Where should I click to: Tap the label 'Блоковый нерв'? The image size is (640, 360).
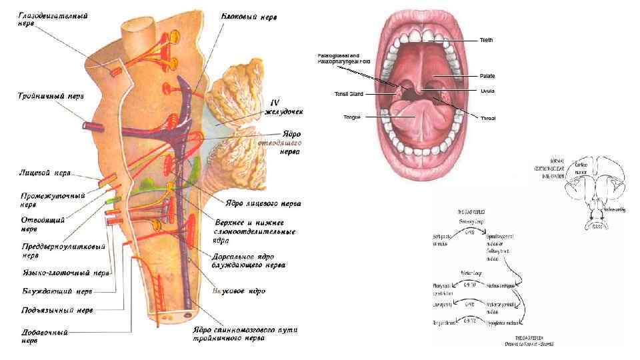coord(250,15)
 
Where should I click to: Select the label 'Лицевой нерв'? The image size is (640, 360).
coord(44,173)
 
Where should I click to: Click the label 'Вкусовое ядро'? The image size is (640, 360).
coord(238,291)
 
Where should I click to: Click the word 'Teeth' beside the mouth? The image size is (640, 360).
coord(486,41)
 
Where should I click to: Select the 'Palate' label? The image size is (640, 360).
coord(487,76)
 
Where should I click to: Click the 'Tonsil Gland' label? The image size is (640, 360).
coord(349,94)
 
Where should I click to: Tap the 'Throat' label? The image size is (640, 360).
coord(487,118)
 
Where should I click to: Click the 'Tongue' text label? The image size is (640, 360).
coord(351,117)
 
